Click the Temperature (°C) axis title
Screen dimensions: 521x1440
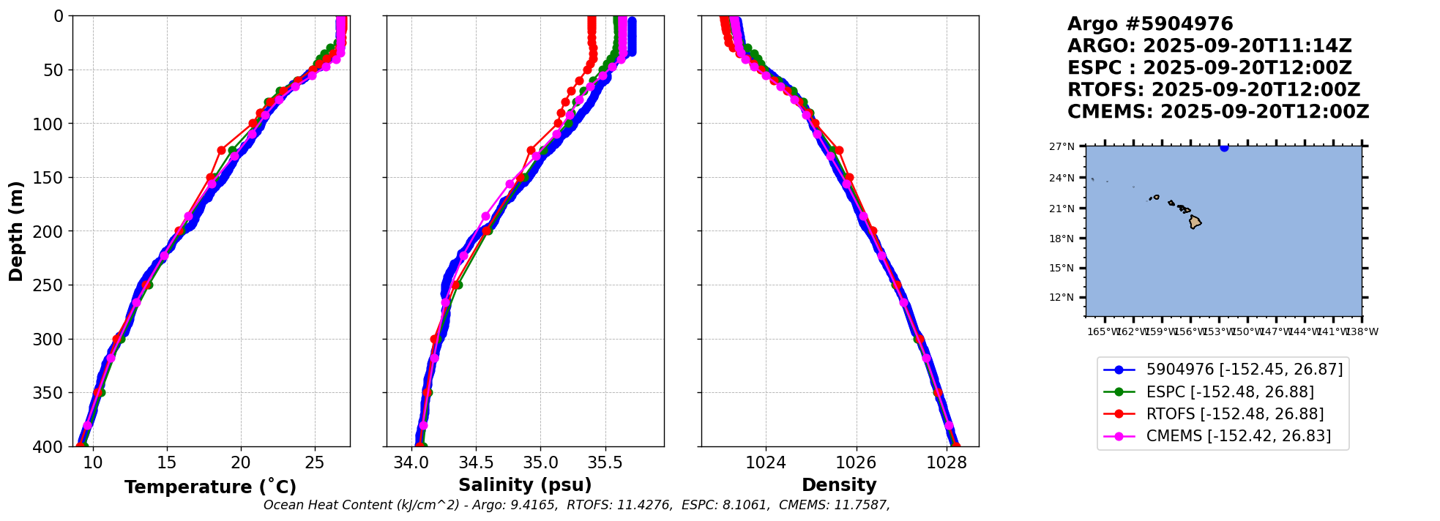(210, 487)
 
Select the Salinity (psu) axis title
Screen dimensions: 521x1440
(525, 485)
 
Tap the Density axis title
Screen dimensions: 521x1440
(839, 485)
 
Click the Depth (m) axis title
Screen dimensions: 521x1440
(16, 231)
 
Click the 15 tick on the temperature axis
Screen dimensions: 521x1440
(167, 462)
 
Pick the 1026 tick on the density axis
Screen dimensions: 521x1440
(856, 462)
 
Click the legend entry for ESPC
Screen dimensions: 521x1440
(1229, 392)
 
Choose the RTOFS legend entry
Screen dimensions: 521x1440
(1234, 414)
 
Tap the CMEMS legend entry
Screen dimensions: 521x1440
(1238, 436)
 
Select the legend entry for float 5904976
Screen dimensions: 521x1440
(1244, 370)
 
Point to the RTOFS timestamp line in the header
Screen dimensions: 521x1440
(1213, 90)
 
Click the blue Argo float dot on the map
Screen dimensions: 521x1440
(1224, 147)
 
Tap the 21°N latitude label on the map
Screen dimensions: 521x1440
(1062, 209)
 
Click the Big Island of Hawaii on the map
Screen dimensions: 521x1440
(1195, 222)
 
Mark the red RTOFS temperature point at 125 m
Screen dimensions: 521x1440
(221, 150)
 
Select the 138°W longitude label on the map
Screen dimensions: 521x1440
(1362, 332)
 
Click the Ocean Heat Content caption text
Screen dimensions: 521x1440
(576, 505)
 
